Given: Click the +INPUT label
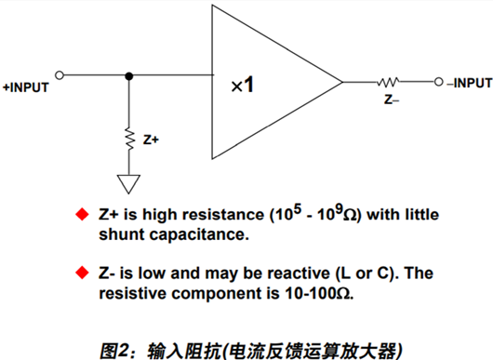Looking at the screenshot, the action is pos(27,88).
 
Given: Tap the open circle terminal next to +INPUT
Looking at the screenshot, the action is pos(60,75).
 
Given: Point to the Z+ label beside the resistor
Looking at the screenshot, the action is pos(151,140).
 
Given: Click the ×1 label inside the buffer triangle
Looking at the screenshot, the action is pos(242,85).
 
